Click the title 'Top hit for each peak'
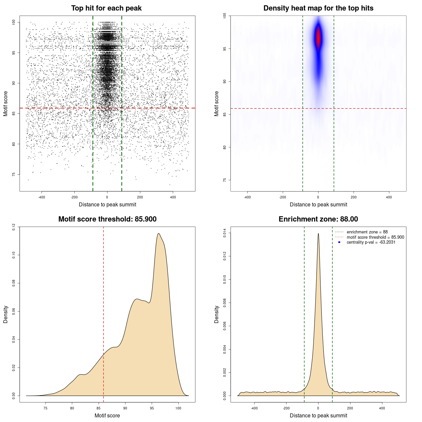pyautogui.click(x=106, y=8)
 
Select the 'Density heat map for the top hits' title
pyautogui.click(x=318, y=8)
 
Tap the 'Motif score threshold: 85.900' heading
pyautogui.click(x=107, y=219)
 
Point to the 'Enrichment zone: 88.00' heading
pyautogui.click(x=318, y=219)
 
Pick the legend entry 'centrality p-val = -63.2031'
pyautogui.click(x=371, y=242)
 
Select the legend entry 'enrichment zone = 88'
pyautogui.click(x=367, y=232)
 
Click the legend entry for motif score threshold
pyautogui.click(x=375, y=237)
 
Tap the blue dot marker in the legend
pyautogui.click(x=339, y=242)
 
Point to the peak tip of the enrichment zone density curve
pyautogui.click(x=318, y=233)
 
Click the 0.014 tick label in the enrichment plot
pyautogui.click(x=225, y=233)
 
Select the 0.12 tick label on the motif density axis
pyautogui.click(x=14, y=227)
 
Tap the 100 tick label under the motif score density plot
pyautogui.click(x=178, y=408)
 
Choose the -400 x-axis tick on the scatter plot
pyautogui.click(x=42, y=197)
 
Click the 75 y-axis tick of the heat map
pyautogui.click(x=225, y=180)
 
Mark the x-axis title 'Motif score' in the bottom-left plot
pyautogui.click(x=107, y=415)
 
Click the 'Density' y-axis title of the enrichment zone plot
pyautogui.click(x=217, y=314)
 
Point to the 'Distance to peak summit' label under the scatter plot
pyautogui.click(x=107, y=204)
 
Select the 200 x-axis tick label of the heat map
pyautogui.click(x=353, y=197)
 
